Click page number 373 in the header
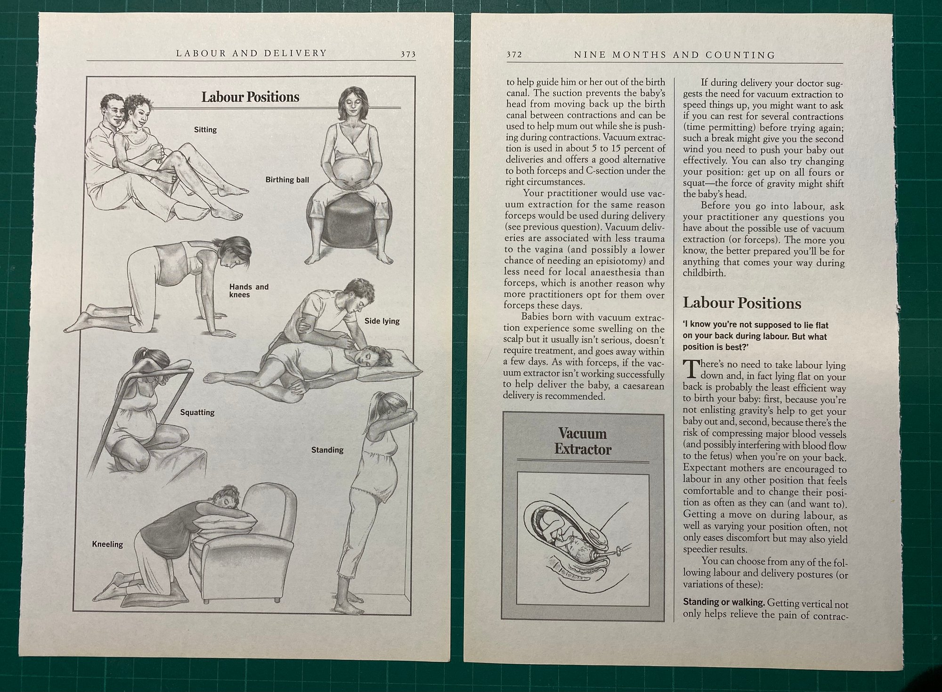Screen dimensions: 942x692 point(408,54)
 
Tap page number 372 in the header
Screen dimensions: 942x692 point(514,55)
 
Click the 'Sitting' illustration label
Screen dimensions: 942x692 point(205,130)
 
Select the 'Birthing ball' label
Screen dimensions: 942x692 point(287,179)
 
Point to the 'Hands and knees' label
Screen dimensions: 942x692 point(249,291)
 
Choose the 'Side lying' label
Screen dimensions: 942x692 point(382,321)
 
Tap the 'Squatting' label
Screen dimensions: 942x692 point(197,413)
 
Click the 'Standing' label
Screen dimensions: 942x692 point(327,450)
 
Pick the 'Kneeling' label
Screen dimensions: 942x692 point(107,544)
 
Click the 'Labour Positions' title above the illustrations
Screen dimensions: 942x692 point(250,97)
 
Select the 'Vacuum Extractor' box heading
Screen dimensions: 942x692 point(583,441)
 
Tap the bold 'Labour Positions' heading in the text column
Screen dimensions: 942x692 point(742,303)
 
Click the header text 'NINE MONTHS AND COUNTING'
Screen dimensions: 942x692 point(674,55)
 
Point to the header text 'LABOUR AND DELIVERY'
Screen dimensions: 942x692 point(252,53)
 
